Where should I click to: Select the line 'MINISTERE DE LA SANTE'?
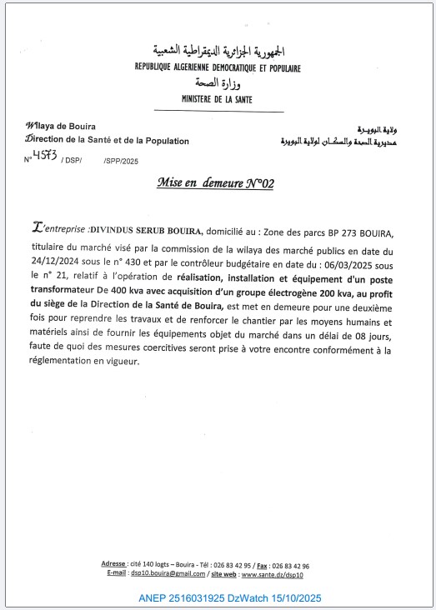coord(218,99)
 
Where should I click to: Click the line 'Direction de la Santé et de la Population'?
coord(108,141)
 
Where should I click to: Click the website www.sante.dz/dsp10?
coord(274,573)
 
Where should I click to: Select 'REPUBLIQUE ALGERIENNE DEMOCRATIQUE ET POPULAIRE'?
coord(218,68)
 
